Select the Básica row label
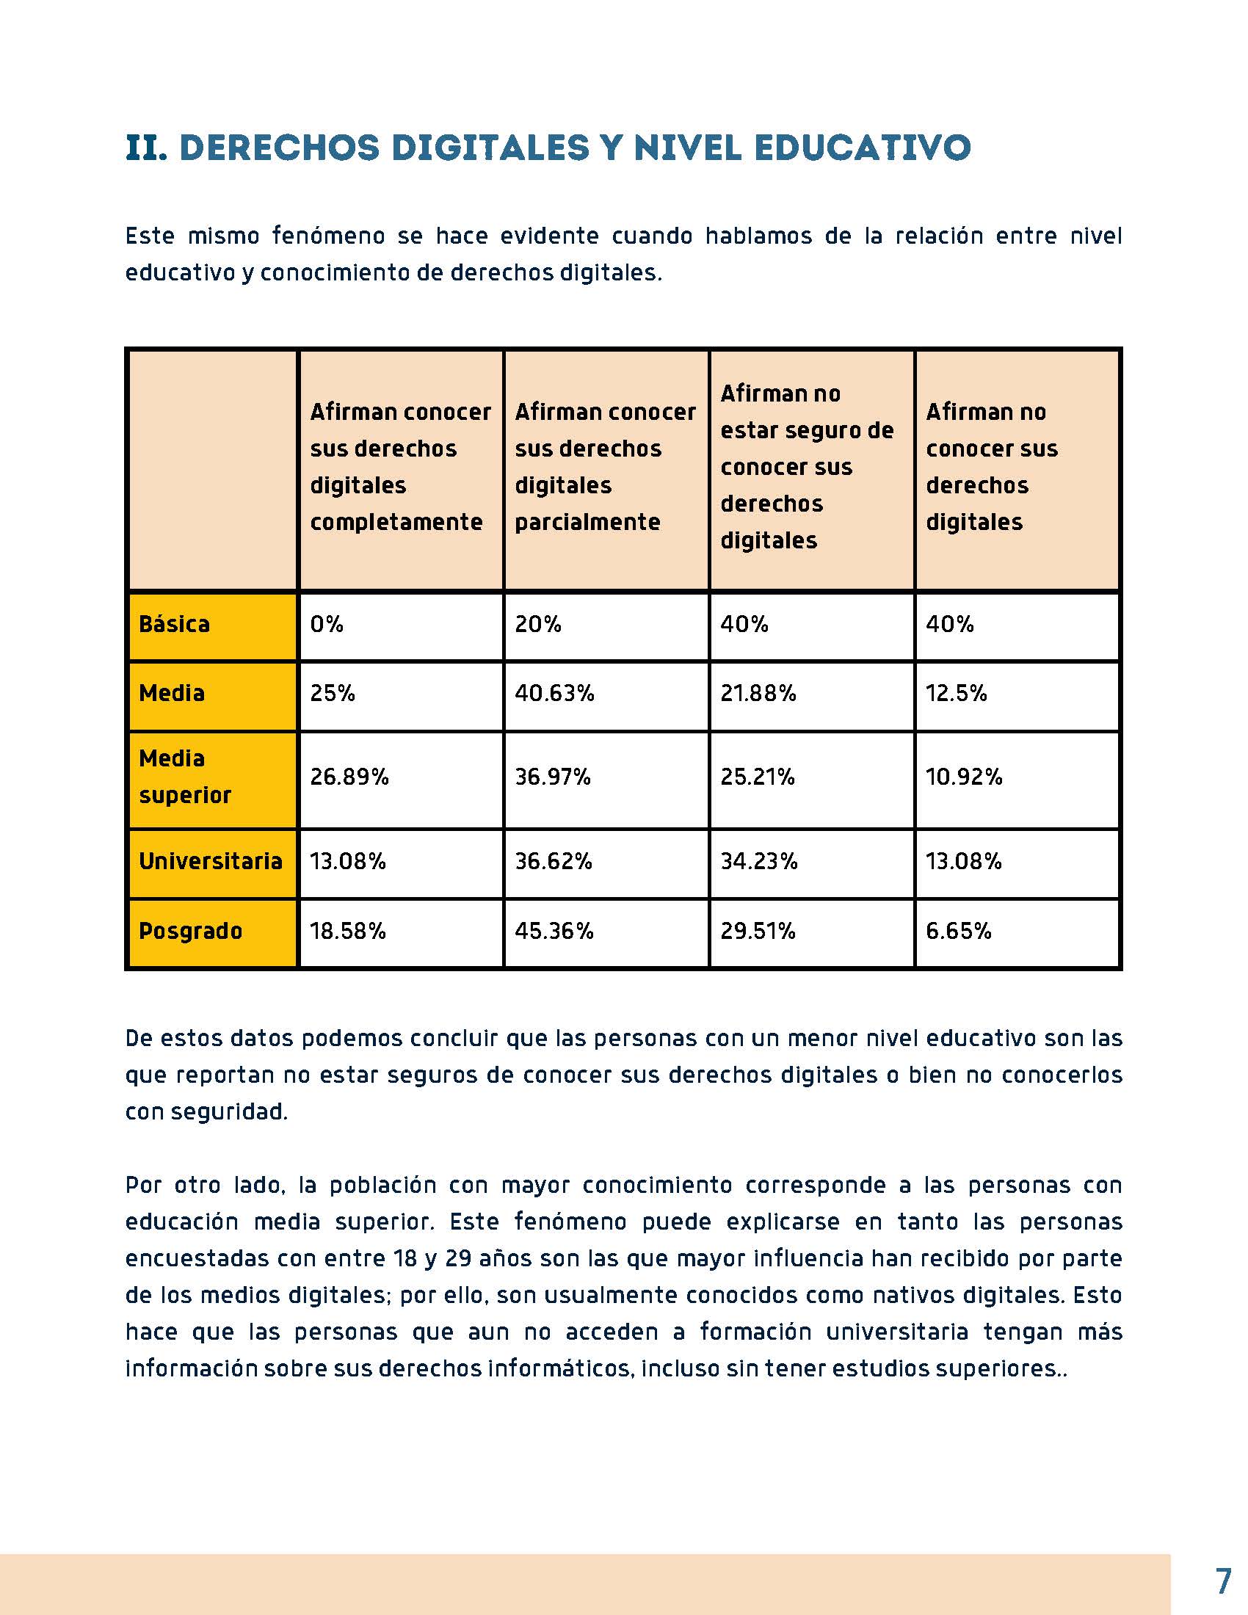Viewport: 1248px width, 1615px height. pos(175,624)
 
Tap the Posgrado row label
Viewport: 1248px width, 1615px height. pos(191,930)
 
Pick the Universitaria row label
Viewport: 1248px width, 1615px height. pos(211,861)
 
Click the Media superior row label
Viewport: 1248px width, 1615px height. pos(185,777)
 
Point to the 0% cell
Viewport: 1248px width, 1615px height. pos(327,624)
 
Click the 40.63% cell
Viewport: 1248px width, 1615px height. pos(554,693)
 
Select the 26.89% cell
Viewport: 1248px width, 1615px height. pos(349,777)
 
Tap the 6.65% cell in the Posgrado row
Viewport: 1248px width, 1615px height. pos(958,930)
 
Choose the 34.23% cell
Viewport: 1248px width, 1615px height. pos(759,861)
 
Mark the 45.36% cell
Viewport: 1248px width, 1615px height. pos(554,930)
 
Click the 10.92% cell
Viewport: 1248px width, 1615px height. pos(964,777)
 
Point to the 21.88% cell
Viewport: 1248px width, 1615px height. pos(758,693)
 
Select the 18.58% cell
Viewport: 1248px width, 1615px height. pos(347,930)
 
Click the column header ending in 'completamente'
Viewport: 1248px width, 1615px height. pos(400,467)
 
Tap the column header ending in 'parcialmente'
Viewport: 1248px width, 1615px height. pos(606,467)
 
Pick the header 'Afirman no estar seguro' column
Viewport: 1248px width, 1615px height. pos(808,467)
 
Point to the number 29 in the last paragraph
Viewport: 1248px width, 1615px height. pos(458,1257)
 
